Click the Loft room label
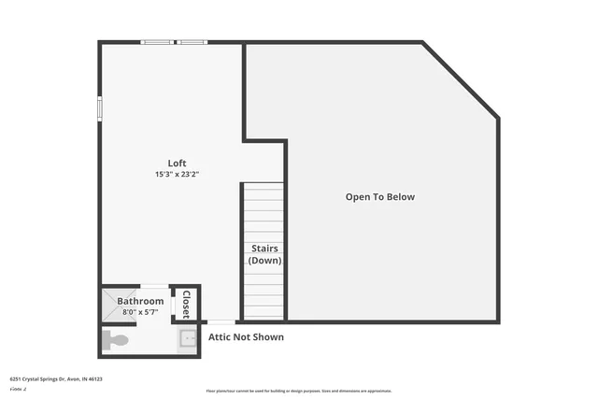(177, 163)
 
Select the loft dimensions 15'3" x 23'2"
(177, 175)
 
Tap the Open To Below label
(379, 197)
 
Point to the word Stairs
(264, 249)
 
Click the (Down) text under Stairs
(264, 261)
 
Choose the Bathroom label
(140, 301)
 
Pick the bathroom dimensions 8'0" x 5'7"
(140, 312)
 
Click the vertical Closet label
(186, 305)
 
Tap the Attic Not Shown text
(246, 337)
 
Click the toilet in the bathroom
(114, 340)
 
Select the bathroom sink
(188, 339)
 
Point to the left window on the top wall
(156, 42)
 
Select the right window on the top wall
(192, 42)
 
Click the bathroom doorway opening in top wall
(155, 286)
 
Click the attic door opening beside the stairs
(221, 322)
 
